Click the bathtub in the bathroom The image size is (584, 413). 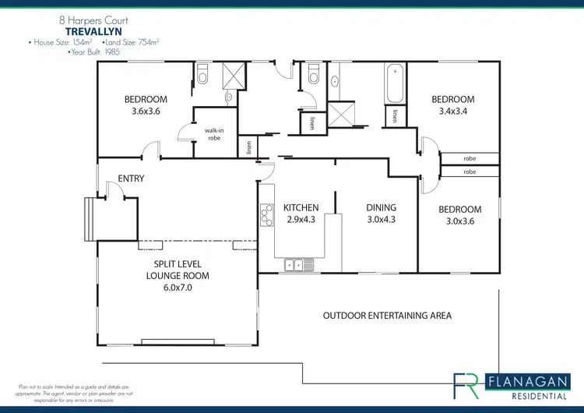point(393,83)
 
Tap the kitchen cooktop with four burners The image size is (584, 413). point(266,213)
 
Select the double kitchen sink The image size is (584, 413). point(298,265)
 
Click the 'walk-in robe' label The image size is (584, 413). point(215,135)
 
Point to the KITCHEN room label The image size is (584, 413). point(301,208)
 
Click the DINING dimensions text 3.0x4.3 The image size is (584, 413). point(381,220)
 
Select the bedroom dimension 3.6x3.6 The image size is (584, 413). point(146,111)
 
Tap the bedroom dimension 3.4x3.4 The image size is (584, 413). point(452,111)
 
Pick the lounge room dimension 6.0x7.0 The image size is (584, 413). point(178,288)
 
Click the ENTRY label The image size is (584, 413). point(131,178)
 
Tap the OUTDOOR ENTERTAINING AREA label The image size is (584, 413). point(387,316)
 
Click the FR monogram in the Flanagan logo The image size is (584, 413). point(469,386)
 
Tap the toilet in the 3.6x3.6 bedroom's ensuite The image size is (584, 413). point(202,75)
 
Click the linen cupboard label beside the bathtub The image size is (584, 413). point(396,116)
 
